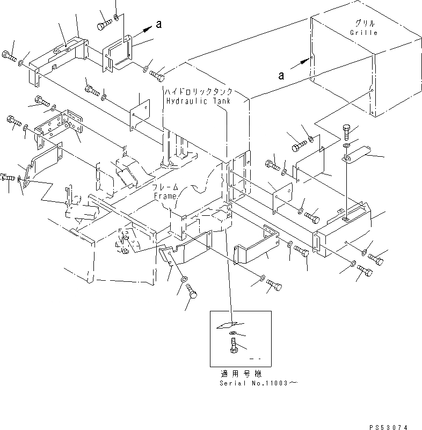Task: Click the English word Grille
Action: click(365, 33)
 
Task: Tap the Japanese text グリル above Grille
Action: click(365, 24)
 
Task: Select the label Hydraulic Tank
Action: click(198, 101)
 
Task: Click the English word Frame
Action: click(165, 196)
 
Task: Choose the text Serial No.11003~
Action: click(258, 383)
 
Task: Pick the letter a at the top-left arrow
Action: click(158, 24)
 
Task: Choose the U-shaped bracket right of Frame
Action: click(257, 247)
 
